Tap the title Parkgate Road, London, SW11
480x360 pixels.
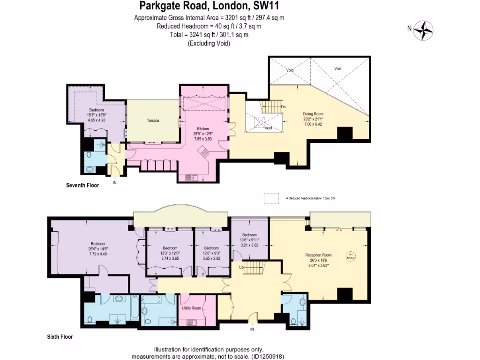point(209,7)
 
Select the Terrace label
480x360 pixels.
point(153,120)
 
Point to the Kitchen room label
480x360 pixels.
point(202,128)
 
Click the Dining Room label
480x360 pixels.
point(313,114)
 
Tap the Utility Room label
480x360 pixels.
point(192,308)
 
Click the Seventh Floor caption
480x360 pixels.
point(82,185)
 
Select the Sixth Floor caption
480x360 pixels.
point(60,337)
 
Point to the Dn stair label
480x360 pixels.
point(283,107)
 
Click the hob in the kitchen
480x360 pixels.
point(205,151)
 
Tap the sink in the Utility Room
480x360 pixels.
point(192,322)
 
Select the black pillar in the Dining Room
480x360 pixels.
point(345,134)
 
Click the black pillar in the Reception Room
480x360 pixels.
point(345,294)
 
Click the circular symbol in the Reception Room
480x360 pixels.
point(350,256)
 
